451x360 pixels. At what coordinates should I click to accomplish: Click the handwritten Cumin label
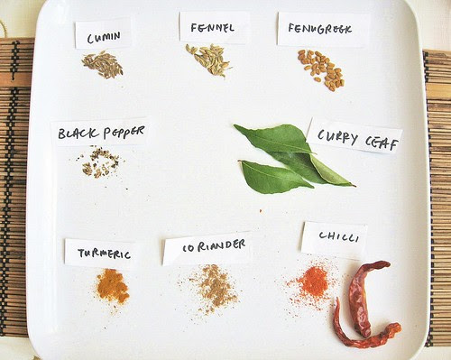[x=103, y=34]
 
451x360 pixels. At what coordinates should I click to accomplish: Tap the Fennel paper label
[x=215, y=27]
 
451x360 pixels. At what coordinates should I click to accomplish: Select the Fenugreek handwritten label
[x=323, y=29]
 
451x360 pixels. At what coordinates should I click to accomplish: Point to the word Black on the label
[x=78, y=133]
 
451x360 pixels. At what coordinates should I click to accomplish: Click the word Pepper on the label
[x=124, y=132]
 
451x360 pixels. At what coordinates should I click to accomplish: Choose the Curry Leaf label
[x=355, y=137]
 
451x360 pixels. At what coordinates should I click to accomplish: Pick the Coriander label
[x=208, y=248]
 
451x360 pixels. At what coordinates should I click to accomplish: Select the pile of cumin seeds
[x=103, y=65]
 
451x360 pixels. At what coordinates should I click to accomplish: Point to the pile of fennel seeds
[x=208, y=60]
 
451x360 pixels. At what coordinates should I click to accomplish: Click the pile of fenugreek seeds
[x=321, y=69]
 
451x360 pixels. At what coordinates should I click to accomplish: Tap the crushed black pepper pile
[x=100, y=162]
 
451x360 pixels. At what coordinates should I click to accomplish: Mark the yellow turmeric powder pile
[x=112, y=286]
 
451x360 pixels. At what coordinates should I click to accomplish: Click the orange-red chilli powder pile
[x=313, y=282]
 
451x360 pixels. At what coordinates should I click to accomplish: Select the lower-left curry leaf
[x=275, y=178]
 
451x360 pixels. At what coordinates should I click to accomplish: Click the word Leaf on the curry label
[x=382, y=143]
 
